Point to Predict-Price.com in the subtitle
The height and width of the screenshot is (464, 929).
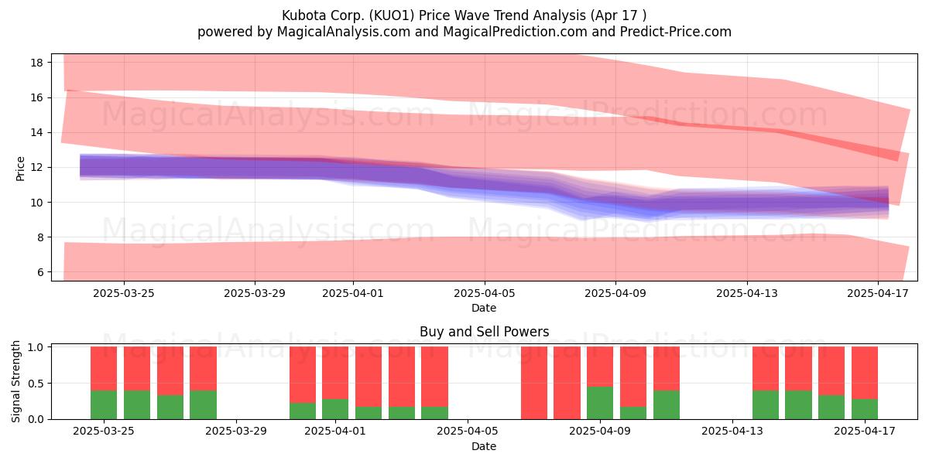point(676,32)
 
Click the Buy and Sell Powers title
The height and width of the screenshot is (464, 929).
point(484,332)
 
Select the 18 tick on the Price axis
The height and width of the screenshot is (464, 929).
point(36,63)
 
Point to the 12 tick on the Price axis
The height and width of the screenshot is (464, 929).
point(36,167)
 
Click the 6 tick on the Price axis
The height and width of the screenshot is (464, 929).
point(39,272)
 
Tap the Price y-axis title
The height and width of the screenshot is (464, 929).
point(20,169)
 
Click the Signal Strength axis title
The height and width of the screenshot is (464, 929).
point(15,381)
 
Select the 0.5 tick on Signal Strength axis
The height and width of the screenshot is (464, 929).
point(36,384)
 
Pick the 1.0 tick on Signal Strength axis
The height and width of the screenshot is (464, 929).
point(36,347)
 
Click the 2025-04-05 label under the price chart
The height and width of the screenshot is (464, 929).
point(484,293)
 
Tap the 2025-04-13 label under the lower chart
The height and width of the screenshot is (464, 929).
point(732,431)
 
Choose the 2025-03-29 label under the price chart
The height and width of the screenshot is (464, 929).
point(254,293)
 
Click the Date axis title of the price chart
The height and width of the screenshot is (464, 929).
point(484,308)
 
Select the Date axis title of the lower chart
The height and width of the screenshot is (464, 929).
point(484,446)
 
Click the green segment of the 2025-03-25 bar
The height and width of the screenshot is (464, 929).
point(104,404)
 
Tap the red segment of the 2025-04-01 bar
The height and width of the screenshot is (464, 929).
point(335,373)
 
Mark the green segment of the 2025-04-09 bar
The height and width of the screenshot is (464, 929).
point(600,403)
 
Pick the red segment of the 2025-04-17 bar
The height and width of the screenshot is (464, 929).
point(865,373)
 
